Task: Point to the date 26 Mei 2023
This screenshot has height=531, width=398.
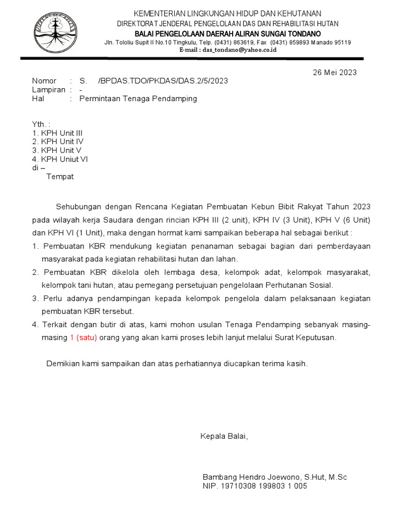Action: pyautogui.click(x=335, y=73)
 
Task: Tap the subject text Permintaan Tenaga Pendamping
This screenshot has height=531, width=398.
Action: pyautogui.click(x=138, y=99)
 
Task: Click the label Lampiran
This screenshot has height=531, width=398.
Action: pyautogui.click(x=49, y=90)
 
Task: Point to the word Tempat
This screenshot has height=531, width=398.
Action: pyautogui.click(x=60, y=176)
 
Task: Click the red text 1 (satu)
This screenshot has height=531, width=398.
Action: pyautogui.click(x=83, y=337)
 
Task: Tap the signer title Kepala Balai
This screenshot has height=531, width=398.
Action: pyautogui.click(x=224, y=436)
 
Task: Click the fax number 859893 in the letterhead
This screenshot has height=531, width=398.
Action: pyautogui.click(x=293, y=43)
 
